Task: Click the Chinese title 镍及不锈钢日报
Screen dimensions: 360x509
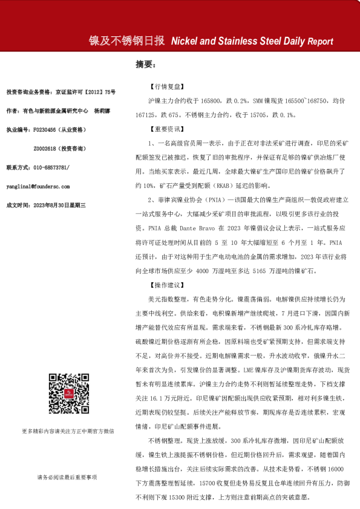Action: point(126,42)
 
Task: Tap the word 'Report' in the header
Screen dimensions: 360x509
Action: point(320,42)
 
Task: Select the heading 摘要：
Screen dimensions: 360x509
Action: point(146,63)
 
